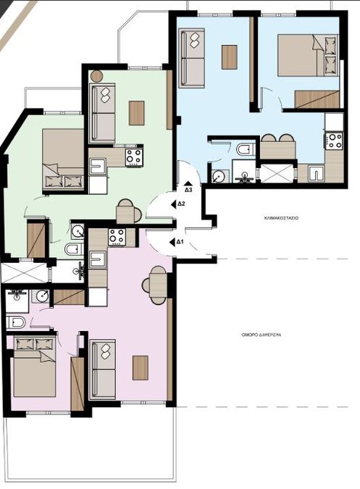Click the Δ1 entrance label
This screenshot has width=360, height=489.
[180, 242]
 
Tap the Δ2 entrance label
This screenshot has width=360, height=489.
[181, 204]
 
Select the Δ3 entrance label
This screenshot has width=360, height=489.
[188, 190]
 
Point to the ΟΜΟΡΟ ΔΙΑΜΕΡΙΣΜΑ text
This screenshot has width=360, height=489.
[261, 335]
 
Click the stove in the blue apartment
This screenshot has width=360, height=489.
[334, 141]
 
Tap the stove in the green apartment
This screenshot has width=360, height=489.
[134, 157]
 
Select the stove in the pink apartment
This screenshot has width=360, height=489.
[117, 236]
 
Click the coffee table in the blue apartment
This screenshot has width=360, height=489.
[230, 57]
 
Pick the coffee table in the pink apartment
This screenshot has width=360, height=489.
[141, 368]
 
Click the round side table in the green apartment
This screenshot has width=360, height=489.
[96, 76]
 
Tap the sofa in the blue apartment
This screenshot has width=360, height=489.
[192, 58]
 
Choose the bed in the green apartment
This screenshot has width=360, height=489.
[63, 159]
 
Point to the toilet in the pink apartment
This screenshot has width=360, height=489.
[16, 322]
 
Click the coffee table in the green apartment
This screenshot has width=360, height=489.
[136, 113]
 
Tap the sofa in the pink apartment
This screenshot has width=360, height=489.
[103, 369]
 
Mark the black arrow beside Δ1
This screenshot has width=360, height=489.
[172, 242]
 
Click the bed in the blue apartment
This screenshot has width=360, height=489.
[308, 55]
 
